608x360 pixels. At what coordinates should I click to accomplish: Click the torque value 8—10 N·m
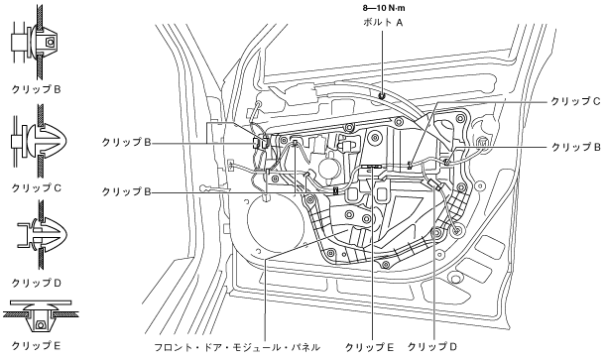384,8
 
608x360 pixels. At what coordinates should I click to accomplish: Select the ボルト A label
383,23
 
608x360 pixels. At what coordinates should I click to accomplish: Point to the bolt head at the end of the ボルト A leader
382,95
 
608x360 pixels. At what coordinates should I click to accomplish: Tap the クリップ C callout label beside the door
575,101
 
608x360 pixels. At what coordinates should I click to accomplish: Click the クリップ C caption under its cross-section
37,188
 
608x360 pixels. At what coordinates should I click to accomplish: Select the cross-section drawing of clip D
42,235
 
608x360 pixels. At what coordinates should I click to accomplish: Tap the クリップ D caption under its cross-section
37,284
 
